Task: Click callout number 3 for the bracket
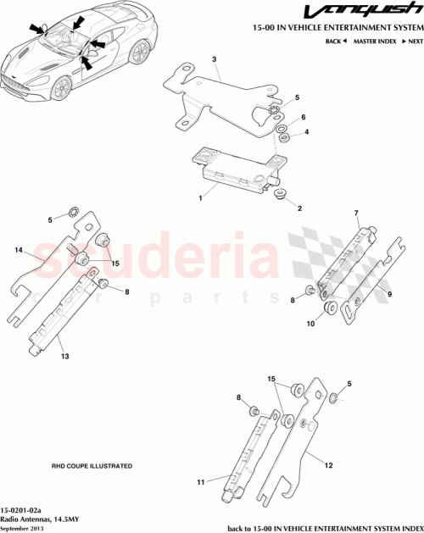tap(215, 60)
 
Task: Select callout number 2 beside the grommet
tap(299, 208)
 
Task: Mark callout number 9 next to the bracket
tap(388, 294)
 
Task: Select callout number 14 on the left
tap(18, 251)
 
